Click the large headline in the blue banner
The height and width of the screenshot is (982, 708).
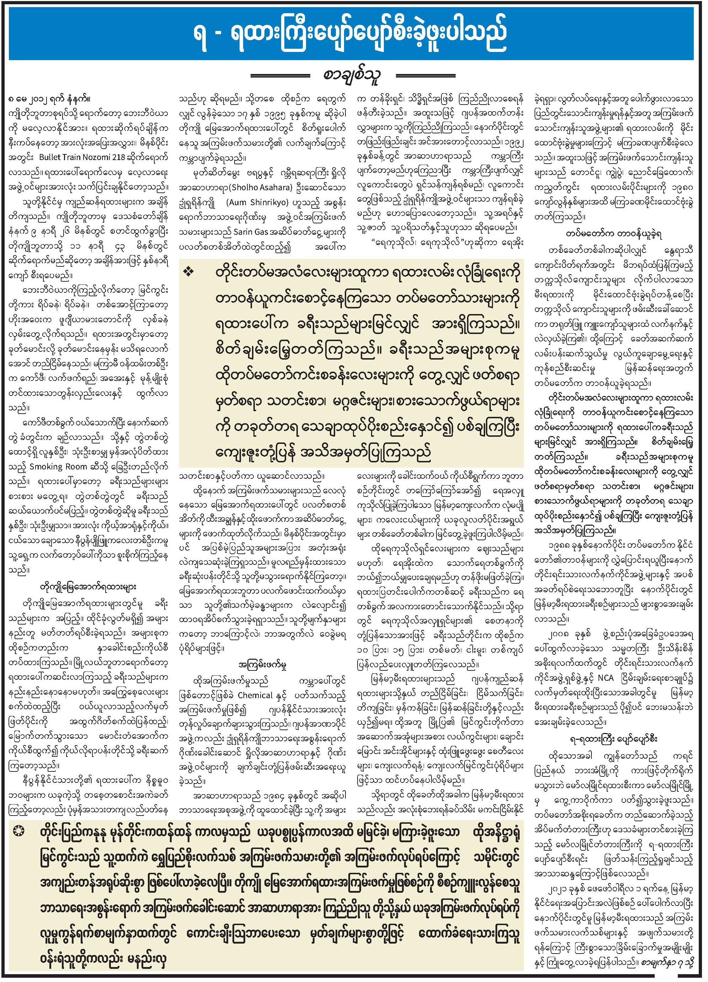coord(354,34)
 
